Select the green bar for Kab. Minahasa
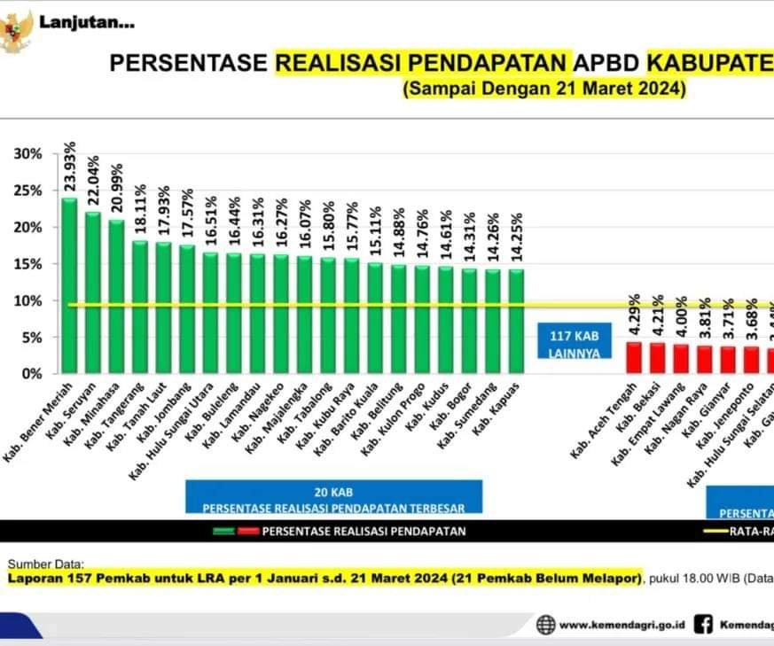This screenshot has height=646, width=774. [x=116, y=296]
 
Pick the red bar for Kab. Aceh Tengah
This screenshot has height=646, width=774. [x=634, y=357]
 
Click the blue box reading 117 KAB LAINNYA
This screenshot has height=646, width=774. [x=568, y=342]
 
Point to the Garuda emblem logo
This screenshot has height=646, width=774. [x=15, y=33]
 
